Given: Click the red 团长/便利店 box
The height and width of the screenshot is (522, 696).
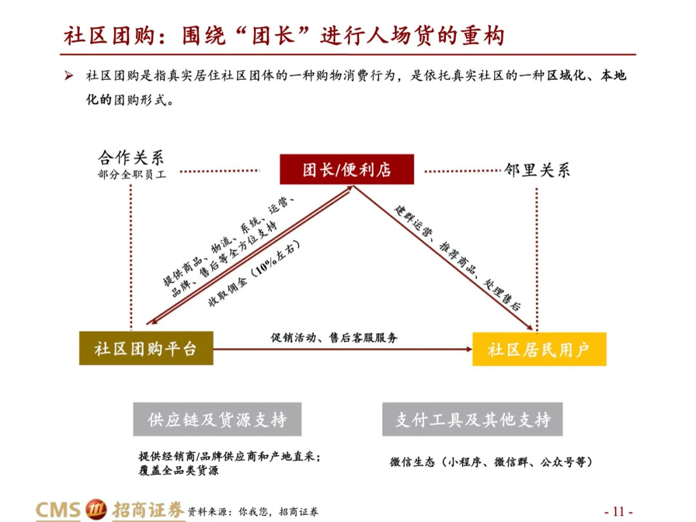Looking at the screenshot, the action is pos(347,170).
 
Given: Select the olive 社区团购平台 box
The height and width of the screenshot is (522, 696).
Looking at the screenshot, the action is pos(146,349).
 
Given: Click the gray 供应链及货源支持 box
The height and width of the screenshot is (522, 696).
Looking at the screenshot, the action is pos(217,420).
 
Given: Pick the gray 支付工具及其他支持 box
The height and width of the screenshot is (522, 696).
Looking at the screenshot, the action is pos(472,420).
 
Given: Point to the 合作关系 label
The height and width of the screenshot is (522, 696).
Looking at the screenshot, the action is pos(131,157).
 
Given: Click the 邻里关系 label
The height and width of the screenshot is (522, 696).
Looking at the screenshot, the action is pos(537,171).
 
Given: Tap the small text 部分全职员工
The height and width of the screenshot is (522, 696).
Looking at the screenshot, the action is pos(131,175).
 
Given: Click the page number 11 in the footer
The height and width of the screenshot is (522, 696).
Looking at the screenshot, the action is pos(618,511).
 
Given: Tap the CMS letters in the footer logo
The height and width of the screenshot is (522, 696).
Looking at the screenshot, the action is pos(58,510).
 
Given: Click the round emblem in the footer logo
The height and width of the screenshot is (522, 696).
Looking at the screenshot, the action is pos(97,510).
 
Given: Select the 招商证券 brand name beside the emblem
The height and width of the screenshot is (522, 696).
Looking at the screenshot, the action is pos(148,510).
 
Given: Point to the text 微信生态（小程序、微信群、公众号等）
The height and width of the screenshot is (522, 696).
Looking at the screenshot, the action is pos(490,462).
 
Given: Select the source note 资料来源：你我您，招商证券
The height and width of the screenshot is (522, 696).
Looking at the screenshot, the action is pos(253,512).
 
